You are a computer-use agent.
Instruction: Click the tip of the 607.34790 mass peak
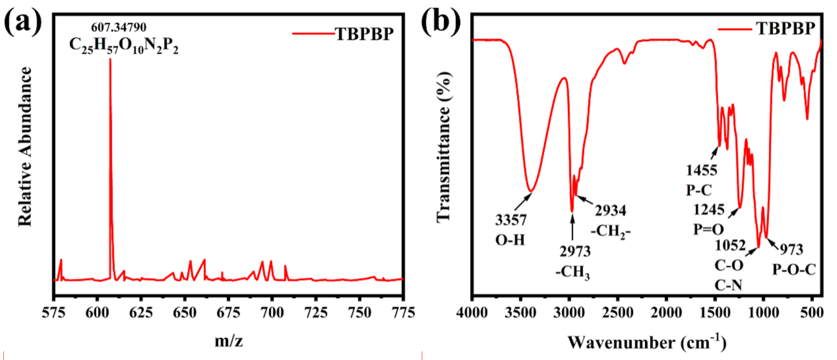tap(110, 60)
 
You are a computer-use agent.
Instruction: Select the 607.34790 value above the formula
tap(118, 27)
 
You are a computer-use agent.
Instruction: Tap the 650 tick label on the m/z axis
tap(185, 313)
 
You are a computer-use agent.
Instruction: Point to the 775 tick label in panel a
tap(403, 313)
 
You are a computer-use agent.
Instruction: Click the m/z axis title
tap(229, 341)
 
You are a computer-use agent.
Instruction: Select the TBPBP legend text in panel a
tap(364, 34)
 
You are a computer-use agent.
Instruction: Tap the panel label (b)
tap(440, 21)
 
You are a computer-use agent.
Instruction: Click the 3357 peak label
tap(511, 220)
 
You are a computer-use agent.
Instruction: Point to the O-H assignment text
tap(510, 240)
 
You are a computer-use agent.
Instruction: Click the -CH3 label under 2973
tap(572, 272)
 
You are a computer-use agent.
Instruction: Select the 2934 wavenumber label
tap(610, 211)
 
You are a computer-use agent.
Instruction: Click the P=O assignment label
tap(708, 229)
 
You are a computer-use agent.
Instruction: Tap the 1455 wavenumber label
tap(701, 170)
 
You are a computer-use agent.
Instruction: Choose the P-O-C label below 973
tap(793, 269)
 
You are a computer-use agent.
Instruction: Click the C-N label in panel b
tap(728, 285)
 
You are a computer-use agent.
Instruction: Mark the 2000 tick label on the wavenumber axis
tap(666, 313)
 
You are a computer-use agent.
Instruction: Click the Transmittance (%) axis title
tap(444, 147)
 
